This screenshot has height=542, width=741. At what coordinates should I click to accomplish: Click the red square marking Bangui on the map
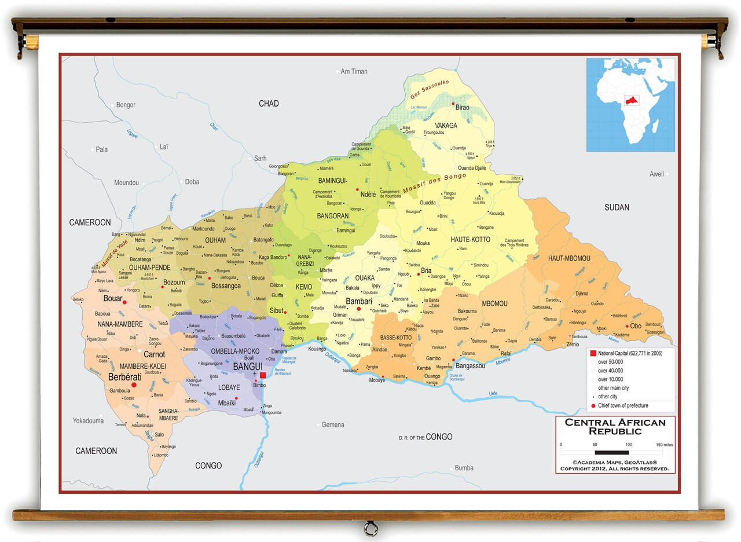[263, 375]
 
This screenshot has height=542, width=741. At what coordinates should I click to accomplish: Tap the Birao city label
[463, 107]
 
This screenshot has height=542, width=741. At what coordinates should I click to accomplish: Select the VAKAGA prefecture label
[446, 126]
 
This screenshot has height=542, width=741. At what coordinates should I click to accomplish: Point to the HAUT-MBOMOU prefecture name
[569, 258]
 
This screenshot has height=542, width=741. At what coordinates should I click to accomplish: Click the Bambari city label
[358, 301]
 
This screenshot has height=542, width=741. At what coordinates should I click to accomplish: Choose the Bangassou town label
[470, 366]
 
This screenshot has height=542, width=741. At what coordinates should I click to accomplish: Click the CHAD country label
[269, 104]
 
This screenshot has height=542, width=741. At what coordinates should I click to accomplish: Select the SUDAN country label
[617, 207]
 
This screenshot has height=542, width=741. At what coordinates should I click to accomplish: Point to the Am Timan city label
[354, 72]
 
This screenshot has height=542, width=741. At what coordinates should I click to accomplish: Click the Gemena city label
[333, 425]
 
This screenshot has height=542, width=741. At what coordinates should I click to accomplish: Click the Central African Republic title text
[615, 427]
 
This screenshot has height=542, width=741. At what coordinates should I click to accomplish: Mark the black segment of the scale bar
[611, 452]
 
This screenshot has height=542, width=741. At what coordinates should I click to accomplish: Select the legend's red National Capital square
[593, 353]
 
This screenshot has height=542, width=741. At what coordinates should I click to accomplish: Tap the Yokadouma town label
[88, 421]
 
